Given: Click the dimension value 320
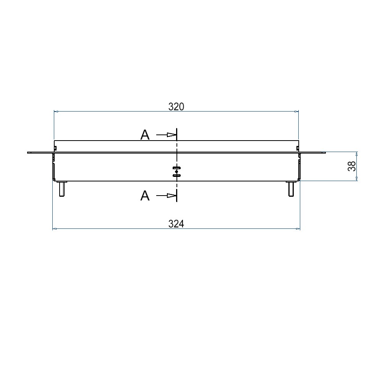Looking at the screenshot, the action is (x=176, y=107).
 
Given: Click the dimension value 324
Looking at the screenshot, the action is (x=176, y=223).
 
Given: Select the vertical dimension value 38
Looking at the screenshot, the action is (x=352, y=166).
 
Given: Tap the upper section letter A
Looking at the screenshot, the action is (x=145, y=135).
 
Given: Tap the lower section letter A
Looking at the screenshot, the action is (x=145, y=196).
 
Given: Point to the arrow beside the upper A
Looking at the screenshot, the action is (x=166, y=135).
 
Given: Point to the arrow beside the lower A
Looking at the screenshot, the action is (x=166, y=195).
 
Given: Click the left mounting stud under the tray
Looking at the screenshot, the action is (x=62, y=189).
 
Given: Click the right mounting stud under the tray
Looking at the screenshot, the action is (x=291, y=189).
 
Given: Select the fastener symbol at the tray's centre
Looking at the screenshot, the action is (x=176, y=172).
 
